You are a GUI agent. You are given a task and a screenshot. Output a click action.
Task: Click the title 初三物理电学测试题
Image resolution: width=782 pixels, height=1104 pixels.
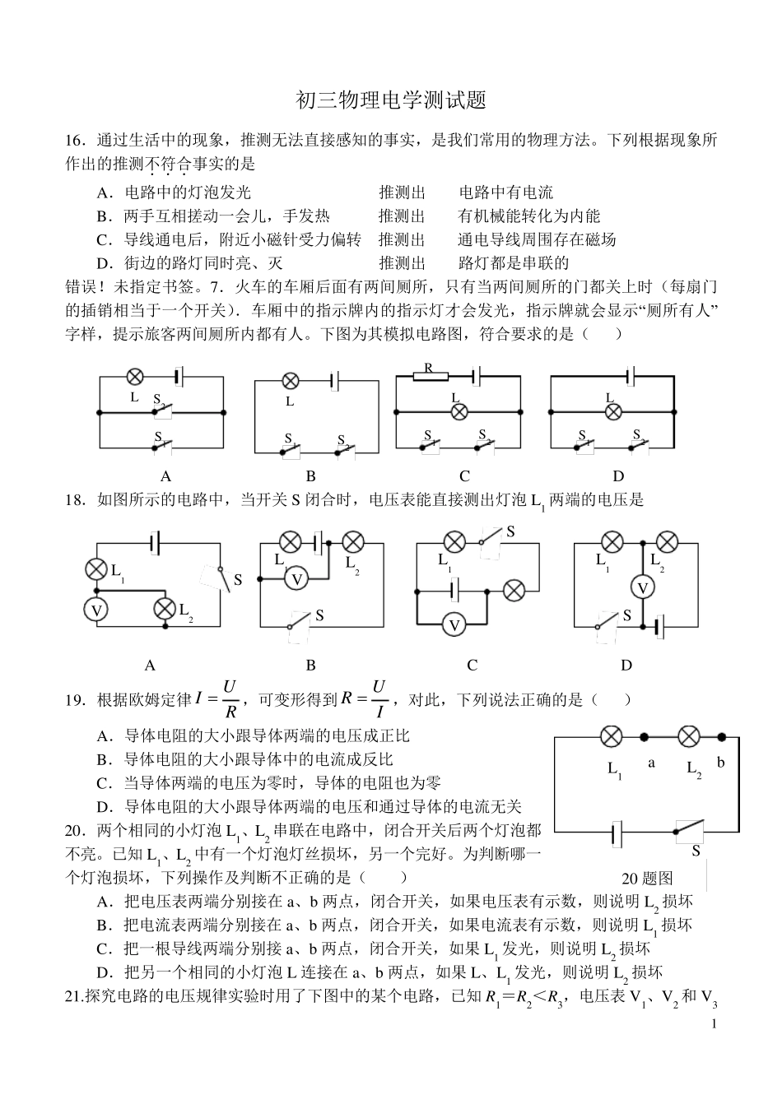pyautogui.click(x=391, y=100)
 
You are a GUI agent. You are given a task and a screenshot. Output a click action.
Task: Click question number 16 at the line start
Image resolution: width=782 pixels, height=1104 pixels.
pyautogui.click(x=75, y=140)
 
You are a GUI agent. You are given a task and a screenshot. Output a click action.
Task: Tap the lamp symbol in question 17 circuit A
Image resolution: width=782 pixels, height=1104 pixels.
pyautogui.click(x=135, y=377)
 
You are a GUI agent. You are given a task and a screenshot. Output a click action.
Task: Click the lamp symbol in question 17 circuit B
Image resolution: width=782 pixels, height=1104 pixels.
pyautogui.click(x=290, y=381)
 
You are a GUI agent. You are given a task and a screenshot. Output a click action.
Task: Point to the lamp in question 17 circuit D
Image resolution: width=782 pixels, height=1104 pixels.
pyautogui.click(x=612, y=412)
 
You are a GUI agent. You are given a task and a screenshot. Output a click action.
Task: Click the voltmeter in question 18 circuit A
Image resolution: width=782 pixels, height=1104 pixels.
pyautogui.click(x=97, y=610)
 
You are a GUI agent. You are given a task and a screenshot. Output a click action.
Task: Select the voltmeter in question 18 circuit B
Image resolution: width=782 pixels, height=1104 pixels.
pyautogui.click(x=297, y=579)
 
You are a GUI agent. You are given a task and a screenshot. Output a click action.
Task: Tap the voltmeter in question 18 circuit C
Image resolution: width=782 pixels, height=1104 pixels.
pyautogui.click(x=453, y=625)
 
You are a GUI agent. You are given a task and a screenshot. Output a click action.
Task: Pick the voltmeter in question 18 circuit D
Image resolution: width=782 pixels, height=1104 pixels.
pyautogui.click(x=642, y=587)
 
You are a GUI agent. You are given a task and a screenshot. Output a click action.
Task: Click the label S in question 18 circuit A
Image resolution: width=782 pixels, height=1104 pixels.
pyautogui.click(x=238, y=580)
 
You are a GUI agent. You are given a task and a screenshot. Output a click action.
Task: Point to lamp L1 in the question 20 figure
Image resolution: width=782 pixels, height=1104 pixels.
pyautogui.click(x=611, y=736)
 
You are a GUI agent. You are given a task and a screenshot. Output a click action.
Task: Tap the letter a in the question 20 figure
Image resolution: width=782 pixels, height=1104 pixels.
pyautogui.click(x=651, y=763)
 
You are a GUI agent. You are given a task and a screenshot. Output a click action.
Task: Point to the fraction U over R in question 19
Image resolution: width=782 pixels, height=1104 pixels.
pyautogui.click(x=230, y=699)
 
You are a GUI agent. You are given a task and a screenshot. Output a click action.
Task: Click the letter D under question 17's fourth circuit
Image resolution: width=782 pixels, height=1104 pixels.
pyautogui.click(x=618, y=475)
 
